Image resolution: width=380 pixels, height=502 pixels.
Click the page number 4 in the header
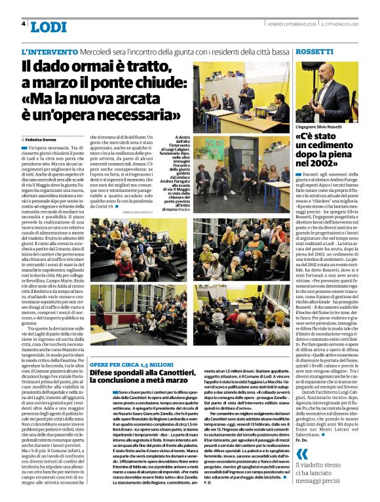pyautogui.click(x=24, y=24)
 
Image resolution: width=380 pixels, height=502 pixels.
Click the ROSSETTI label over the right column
pyautogui.click(x=314, y=51)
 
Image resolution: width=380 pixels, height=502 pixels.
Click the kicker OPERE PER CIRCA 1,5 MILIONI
pyautogui.click(x=130, y=364)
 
